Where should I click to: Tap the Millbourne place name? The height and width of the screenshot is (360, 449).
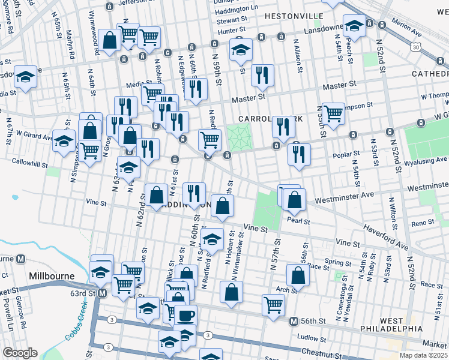click(x=51, y=276)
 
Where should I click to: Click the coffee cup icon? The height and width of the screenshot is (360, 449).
click(x=185, y=314)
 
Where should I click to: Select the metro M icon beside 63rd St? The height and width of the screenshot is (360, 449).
click(x=102, y=293)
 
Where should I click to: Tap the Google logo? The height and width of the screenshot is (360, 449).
click(x=20, y=352)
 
